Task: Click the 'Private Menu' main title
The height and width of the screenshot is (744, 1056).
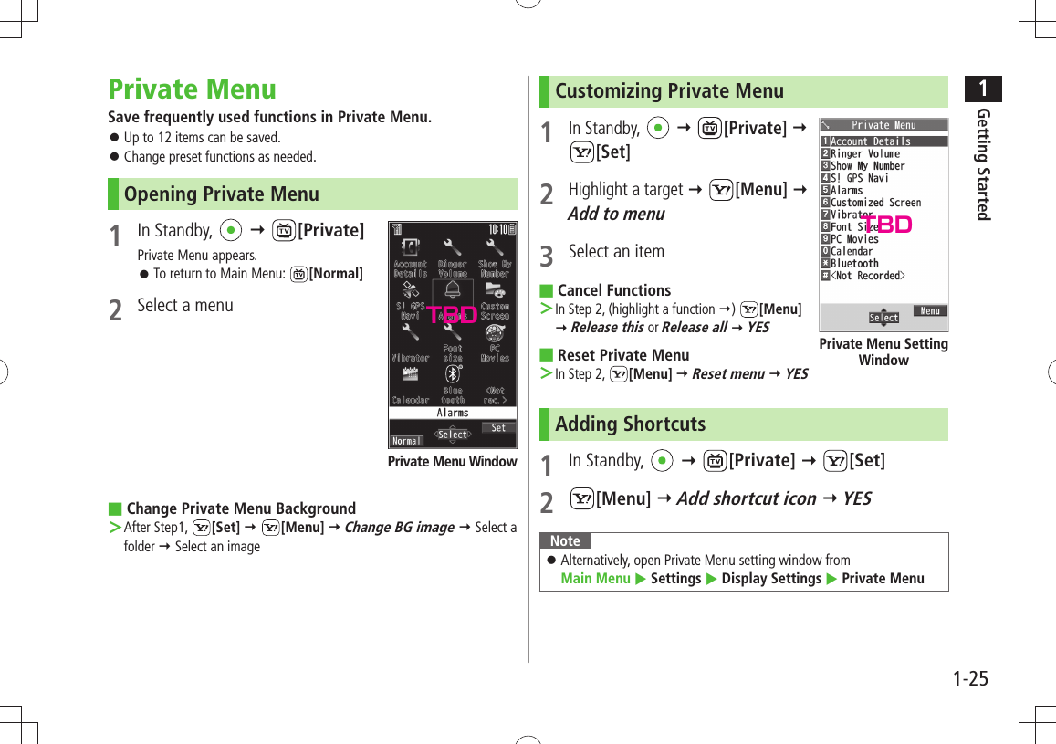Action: (x=192, y=89)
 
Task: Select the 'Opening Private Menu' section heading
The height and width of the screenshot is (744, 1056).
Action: (x=221, y=194)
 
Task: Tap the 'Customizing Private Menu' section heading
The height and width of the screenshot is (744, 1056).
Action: (x=669, y=91)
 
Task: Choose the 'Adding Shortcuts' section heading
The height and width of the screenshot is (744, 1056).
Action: (x=630, y=424)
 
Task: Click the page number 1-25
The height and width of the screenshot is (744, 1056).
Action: (x=969, y=678)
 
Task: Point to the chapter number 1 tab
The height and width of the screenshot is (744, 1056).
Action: (x=983, y=89)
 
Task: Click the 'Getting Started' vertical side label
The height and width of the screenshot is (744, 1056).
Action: (x=983, y=164)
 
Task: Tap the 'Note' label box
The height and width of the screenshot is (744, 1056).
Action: (x=565, y=540)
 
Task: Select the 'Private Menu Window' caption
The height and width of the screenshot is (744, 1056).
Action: (x=452, y=462)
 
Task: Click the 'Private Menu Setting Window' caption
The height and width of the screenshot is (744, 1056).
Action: (x=883, y=351)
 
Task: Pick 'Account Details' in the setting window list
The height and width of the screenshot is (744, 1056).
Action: (x=870, y=141)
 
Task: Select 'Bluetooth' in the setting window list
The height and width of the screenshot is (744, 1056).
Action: (x=854, y=263)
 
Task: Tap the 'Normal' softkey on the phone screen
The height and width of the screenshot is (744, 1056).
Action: (x=406, y=441)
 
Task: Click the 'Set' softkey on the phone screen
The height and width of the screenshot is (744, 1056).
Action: (x=498, y=427)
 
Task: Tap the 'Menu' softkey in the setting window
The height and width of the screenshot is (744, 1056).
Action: (x=929, y=311)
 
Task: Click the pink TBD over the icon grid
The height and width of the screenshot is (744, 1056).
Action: (x=453, y=315)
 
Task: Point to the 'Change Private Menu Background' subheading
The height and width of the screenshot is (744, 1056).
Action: (x=241, y=508)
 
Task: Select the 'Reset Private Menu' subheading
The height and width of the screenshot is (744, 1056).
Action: (x=622, y=355)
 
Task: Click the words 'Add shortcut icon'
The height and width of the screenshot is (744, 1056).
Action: (x=746, y=498)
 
